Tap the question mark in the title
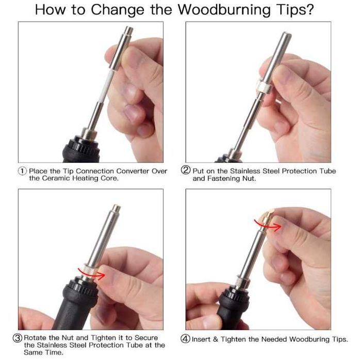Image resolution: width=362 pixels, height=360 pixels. click(x=310, y=9)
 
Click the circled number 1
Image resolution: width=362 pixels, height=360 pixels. click(x=22, y=171)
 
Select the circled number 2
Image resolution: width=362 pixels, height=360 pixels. click(x=186, y=170)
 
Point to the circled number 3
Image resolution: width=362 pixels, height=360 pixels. click(x=18, y=338)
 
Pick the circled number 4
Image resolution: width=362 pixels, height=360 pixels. click(x=185, y=339)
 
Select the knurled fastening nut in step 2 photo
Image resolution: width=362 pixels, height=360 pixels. click(x=262, y=86)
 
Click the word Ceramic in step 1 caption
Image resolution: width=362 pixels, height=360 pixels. click(x=57, y=179)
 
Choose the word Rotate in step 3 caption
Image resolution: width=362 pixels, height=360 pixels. click(x=36, y=338)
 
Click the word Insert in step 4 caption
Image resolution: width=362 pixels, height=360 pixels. click(x=202, y=339)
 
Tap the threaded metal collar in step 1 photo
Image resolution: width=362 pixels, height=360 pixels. click(x=88, y=134)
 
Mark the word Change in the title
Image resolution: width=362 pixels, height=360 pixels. click(x=118, y=10)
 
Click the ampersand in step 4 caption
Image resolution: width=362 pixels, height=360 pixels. click(x=216, y=339)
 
